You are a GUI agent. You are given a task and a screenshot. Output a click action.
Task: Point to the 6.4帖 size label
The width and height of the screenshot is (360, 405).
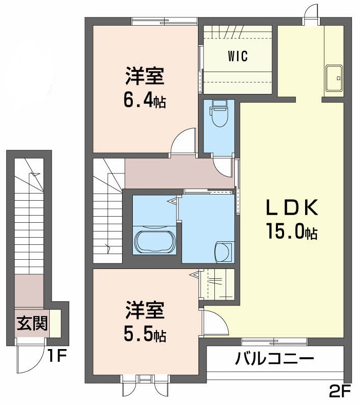[x=144, y=101]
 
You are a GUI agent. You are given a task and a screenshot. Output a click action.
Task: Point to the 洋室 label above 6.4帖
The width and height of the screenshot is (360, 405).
[x=144, y=78]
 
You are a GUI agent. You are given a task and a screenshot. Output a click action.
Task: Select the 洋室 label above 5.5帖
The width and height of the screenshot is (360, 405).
[x=144, y=312]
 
